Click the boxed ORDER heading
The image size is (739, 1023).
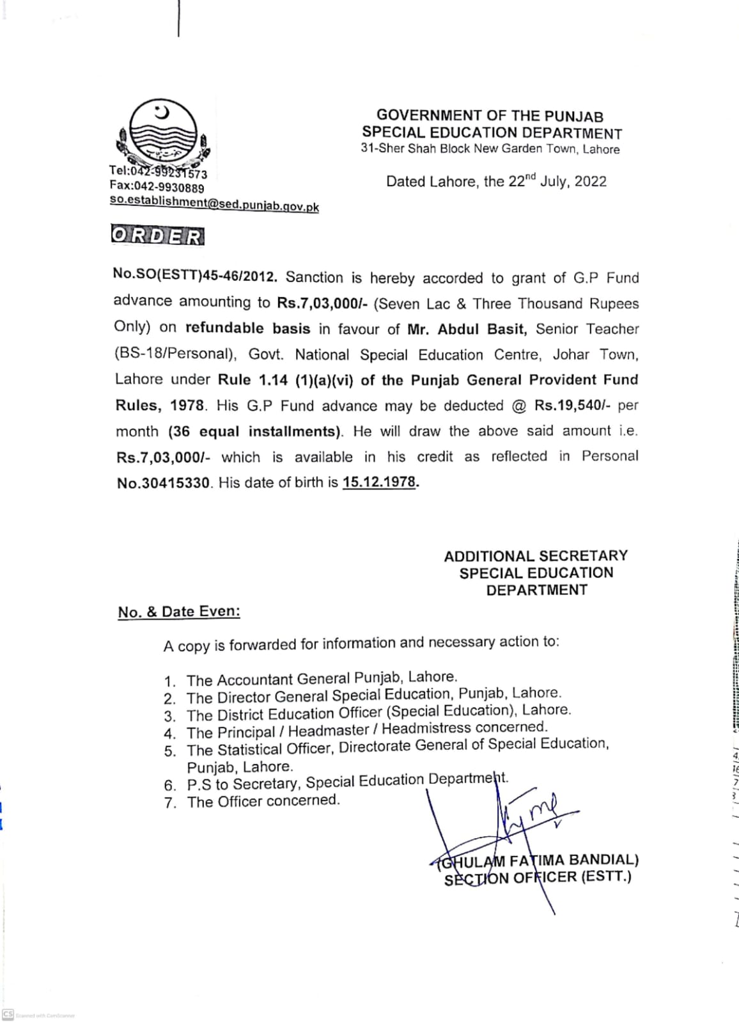[157, 236]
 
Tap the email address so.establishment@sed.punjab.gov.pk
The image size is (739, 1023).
[214, 203]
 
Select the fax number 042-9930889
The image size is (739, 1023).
[157, 187]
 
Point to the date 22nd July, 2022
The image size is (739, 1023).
[557, 181]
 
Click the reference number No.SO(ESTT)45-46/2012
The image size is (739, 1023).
[195, 276]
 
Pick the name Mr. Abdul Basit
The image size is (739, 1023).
[467, 329]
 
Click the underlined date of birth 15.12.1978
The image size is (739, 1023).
[380, 482]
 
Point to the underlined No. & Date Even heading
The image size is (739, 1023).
[179, 612]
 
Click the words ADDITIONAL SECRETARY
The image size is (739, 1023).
[536, 556]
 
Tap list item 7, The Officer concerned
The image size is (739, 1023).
[263, 801]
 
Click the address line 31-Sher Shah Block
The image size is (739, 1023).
[490, 149]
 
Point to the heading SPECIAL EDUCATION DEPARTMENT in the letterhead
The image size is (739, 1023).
[492, 133]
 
